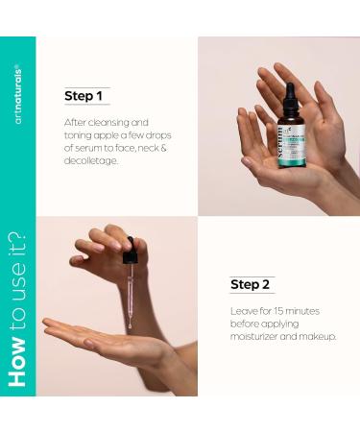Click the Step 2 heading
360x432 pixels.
coord(252,284)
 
